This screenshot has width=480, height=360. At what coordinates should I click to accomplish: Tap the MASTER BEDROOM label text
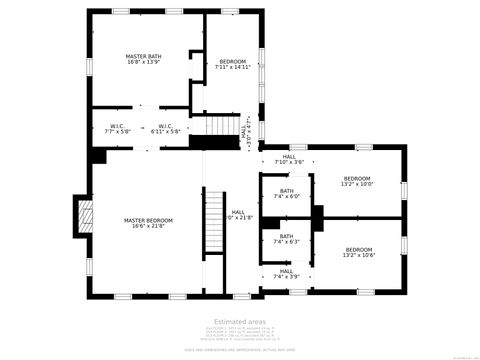[x=148, y=221]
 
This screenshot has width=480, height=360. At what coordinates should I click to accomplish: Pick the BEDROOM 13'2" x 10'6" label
[x=358, y=251]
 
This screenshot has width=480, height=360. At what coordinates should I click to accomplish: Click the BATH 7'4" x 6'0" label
[x=287, y=193]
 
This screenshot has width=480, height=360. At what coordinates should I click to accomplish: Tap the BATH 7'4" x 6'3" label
[x=287, y=239]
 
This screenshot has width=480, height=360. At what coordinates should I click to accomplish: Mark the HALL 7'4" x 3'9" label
[x=287, y=273]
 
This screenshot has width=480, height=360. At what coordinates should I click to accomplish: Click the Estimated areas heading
[x=240, y=321]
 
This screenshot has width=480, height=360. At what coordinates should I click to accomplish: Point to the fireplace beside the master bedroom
[x=83, y=215]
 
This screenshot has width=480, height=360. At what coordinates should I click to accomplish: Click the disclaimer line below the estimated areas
[x=240, y=349]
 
